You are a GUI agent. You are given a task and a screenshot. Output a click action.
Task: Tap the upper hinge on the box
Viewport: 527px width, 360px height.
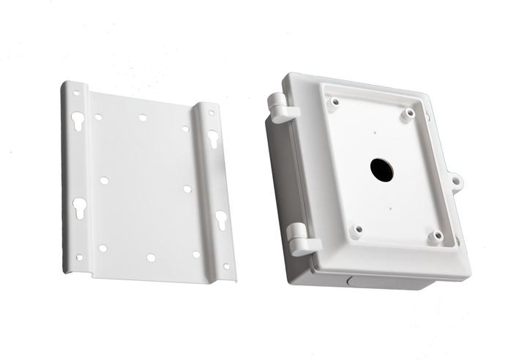pyautogui.click(x=283, y=108)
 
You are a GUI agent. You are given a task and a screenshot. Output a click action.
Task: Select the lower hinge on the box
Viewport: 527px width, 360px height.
pyautogui.click(x=301, y=239)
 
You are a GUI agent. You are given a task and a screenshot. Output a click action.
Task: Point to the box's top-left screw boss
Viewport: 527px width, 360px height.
pyautogui.click(x=334, y=102)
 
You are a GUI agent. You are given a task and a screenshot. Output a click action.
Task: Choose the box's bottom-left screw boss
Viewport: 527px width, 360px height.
pyautogui.click(x=357, y=230)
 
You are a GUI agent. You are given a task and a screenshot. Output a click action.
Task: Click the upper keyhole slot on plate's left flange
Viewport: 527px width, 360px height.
pyautogui.click(x=78, y=121)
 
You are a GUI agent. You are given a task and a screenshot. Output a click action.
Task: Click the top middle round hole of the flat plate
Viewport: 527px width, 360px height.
pyautogui.click(x=143, y=117)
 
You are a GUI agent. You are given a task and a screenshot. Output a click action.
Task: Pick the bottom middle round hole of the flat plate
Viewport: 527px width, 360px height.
pyautogui.click(x=151, y=258)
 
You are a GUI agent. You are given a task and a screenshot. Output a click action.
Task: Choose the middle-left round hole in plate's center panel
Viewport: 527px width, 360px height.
pyautogui.click(x=105, y=180)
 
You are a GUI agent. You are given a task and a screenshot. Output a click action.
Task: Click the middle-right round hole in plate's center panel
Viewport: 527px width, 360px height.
pyautogui.click(x=187, y=189)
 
